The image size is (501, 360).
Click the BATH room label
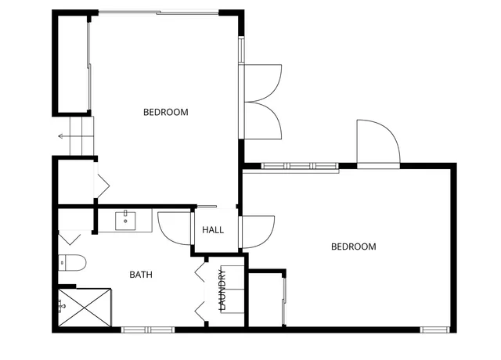point(141,275)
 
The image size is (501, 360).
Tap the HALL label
point(213,231)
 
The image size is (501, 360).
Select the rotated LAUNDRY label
point(222,290)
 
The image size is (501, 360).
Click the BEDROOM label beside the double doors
point(166,112)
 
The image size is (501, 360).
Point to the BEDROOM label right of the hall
point(354,247)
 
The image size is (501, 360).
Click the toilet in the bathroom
point(71,262)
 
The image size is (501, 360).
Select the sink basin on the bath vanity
point(126,221)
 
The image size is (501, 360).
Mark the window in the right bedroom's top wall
point(299,166)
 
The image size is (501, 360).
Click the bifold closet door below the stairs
point(102,185)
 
